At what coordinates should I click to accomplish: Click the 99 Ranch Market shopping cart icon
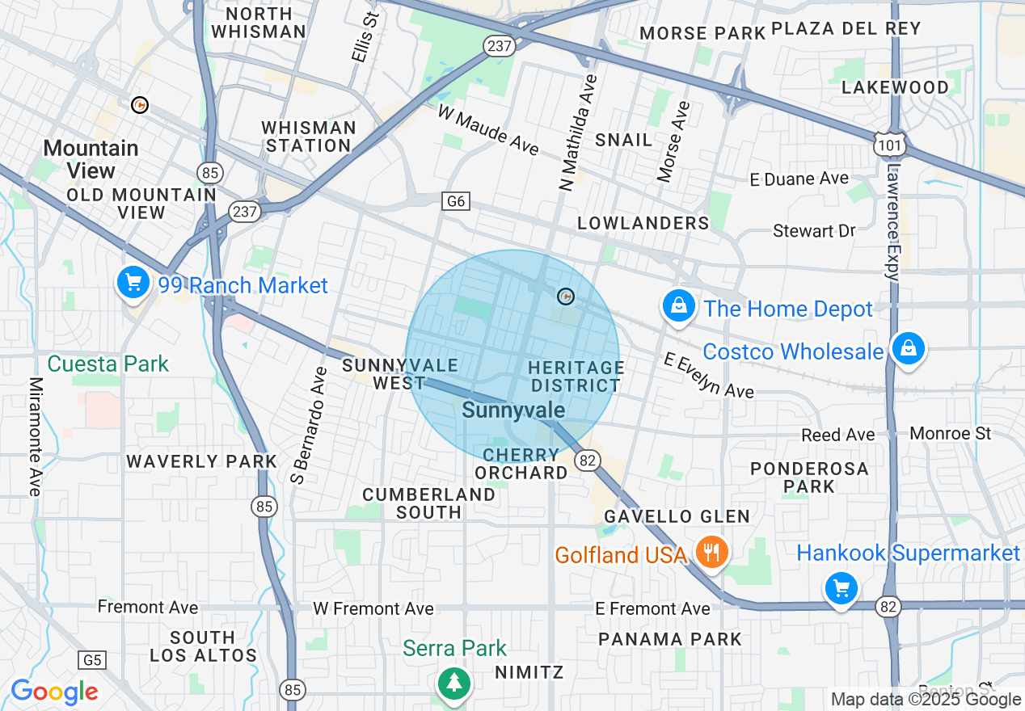(133, 283)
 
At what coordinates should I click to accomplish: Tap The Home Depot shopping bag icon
(679, 306)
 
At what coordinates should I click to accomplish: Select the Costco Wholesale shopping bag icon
(909, 348)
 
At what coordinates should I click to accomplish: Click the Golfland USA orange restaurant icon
(711, 553)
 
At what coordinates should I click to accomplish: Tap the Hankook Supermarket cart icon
(842, 588)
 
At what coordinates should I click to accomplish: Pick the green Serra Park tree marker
(455, 683)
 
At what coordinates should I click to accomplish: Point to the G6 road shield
(456, 201)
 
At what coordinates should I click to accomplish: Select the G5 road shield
(92, 660)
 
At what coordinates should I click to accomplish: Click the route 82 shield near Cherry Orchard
(588, 461)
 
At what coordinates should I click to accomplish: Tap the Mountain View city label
(91, 159)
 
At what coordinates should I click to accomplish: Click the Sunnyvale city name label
(513, 410)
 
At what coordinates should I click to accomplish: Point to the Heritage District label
(576, 377)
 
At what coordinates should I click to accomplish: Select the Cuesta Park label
(108, 364)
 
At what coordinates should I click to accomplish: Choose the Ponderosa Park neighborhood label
(808, 478)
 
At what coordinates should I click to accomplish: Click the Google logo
(54, 692)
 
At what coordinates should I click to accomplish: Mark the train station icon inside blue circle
(566, 297)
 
